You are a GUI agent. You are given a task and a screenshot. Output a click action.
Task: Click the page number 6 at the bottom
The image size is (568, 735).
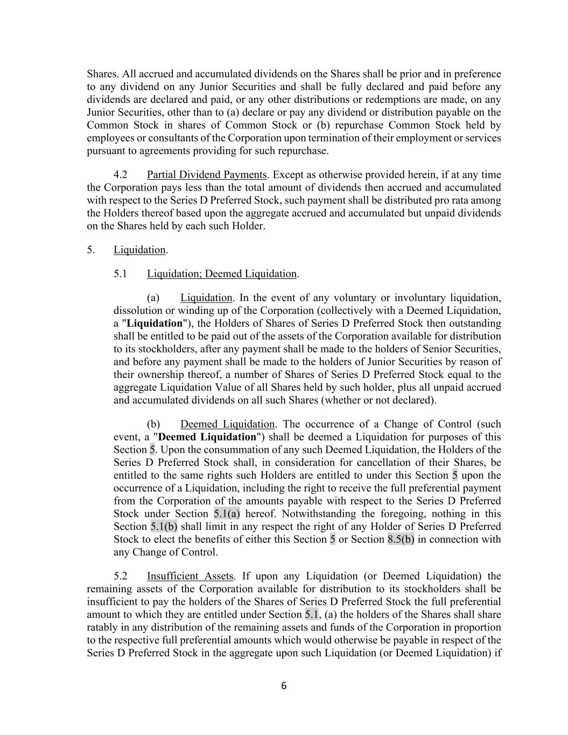pyautogui.click(x=284, y=686)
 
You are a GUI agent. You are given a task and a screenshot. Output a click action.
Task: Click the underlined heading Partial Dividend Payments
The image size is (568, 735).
pyautogui.click(x=207, y=174)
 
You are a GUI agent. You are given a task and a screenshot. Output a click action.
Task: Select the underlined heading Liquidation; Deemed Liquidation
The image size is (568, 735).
pyautogui.click(x=222, y=274)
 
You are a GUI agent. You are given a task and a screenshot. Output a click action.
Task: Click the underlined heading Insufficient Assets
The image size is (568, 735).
pyautogui.click(x=190, y=576)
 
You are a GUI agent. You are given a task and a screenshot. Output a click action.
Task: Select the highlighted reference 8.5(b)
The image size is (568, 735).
pyautogui.click(x=401, y=540)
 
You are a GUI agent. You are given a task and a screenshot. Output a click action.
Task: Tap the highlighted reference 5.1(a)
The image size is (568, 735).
pyautogui.click(x=227, y=514)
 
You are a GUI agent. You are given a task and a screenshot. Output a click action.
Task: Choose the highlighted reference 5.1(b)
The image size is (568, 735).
pyautogui.click(x=164, y=527)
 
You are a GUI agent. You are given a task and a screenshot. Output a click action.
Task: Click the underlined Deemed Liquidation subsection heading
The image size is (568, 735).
pyautogui.click(x=227, y=424)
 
